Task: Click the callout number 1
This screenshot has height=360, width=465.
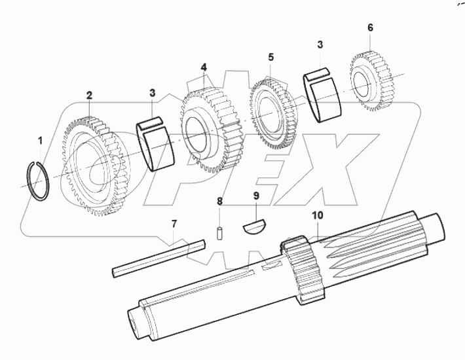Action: point(40,141)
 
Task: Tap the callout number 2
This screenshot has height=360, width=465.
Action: point(89,96)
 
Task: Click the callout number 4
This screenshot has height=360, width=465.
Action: point(204,67)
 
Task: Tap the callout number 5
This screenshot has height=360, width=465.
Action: point(271,58)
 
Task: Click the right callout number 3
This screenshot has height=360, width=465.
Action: point(320,45)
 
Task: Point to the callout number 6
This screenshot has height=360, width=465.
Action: point(370,27)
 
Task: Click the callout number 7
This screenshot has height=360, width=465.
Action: point(174,225)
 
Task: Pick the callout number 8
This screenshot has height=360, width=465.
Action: point(220,200)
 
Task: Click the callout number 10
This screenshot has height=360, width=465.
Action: point(318,214)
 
